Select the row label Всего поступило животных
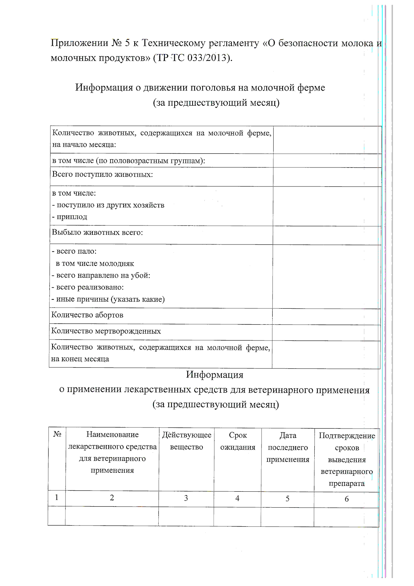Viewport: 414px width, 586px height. [102, 174]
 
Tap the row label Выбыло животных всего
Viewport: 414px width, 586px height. [97, 232]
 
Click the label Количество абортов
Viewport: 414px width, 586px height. [87, 315]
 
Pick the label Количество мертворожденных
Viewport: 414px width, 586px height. [106, 331]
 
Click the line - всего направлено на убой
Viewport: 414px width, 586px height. [101, 276]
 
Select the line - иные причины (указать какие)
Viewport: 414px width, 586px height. [108, 299]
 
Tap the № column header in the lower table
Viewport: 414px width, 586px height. [57, 434]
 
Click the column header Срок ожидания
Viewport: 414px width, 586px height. [238, 441]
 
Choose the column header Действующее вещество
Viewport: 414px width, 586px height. [187, 441]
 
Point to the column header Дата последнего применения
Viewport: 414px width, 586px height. [288, 447]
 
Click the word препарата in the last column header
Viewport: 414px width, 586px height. [347, 484]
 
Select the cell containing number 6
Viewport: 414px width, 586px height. [347, 499]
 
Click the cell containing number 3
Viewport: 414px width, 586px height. [186, 498]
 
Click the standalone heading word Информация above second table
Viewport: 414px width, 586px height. [215, 375]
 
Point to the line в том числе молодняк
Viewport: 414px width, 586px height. [95, 263]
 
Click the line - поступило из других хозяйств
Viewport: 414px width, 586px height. [108, 205]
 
